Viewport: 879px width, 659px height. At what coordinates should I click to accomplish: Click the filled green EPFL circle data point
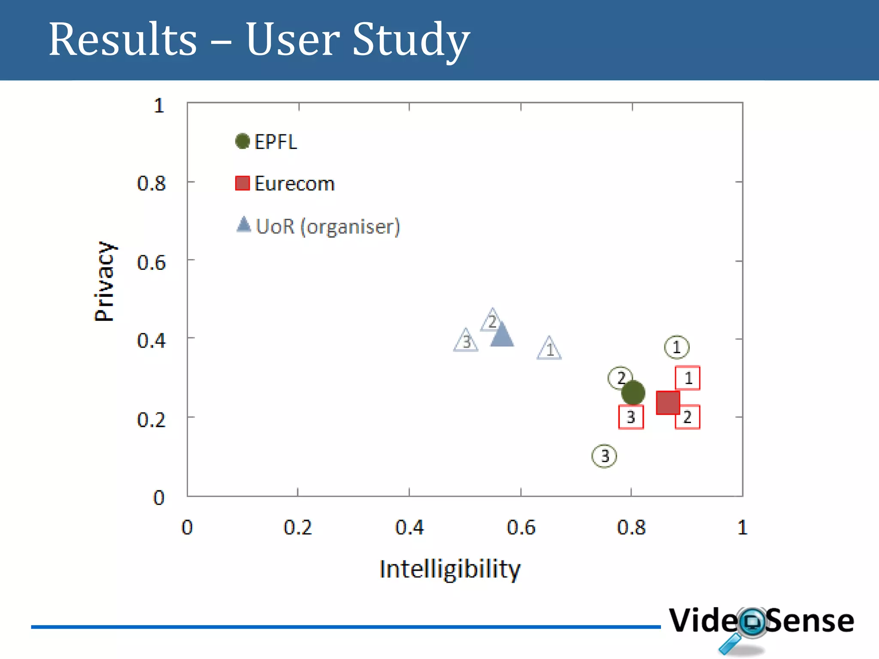[x=633, y=393]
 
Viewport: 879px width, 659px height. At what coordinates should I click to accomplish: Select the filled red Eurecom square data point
[x=668, y=402]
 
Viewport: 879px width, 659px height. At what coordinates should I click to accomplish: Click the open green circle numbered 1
[x=677, y=347]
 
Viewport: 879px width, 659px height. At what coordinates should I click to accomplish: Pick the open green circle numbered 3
[x=604, y=456]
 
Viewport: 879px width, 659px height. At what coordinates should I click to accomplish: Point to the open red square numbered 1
[x=688, y=378]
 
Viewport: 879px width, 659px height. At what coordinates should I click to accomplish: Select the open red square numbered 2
[x=688, y=417]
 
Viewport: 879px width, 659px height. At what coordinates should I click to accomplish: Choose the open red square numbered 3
[x=631, y=417]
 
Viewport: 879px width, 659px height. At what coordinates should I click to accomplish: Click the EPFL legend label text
[x=276, y=142]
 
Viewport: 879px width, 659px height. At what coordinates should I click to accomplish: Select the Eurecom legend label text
[x=294, y=184]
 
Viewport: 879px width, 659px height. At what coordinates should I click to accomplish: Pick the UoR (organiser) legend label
[x=328, y=227]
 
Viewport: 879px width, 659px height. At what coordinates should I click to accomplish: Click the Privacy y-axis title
[x=104, y=281]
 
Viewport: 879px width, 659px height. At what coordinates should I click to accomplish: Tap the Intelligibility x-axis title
[x=450, y=569]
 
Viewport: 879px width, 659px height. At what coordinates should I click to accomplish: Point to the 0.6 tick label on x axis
[x=521, y=527]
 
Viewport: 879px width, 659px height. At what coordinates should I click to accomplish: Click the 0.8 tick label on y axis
[x=151, y=183]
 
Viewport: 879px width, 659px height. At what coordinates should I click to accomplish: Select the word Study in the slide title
[x=411, y=39]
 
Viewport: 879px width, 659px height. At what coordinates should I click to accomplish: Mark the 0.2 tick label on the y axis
[x=151, y=420]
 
